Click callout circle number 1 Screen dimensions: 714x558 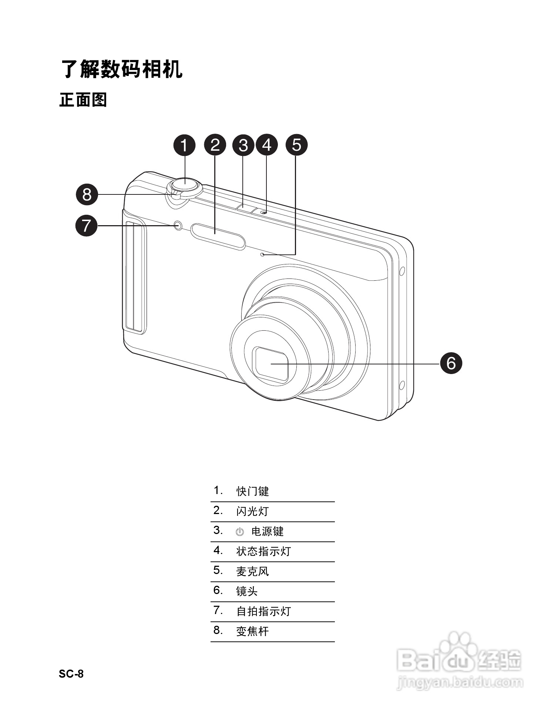(184, 145)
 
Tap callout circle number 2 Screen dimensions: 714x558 (215, 145)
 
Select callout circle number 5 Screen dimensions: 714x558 (297, 145)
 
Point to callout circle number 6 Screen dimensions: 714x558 (451, 363)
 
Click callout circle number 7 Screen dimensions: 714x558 (86, 225)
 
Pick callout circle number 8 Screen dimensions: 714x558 (87, 194)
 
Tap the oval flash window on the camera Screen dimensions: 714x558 (218, 236)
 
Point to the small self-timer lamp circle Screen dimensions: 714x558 (178, 225)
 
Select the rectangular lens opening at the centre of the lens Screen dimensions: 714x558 (271, 364)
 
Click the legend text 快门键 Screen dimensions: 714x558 (252, 491)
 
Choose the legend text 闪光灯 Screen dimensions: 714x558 (252, 511)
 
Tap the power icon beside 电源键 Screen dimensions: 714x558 (240, 532)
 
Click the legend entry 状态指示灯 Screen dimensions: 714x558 (263, 551)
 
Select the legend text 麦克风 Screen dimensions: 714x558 (252, 571)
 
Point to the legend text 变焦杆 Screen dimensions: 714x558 (252, 631)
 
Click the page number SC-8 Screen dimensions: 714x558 (71, 674)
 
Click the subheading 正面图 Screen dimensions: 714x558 (83, 100)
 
